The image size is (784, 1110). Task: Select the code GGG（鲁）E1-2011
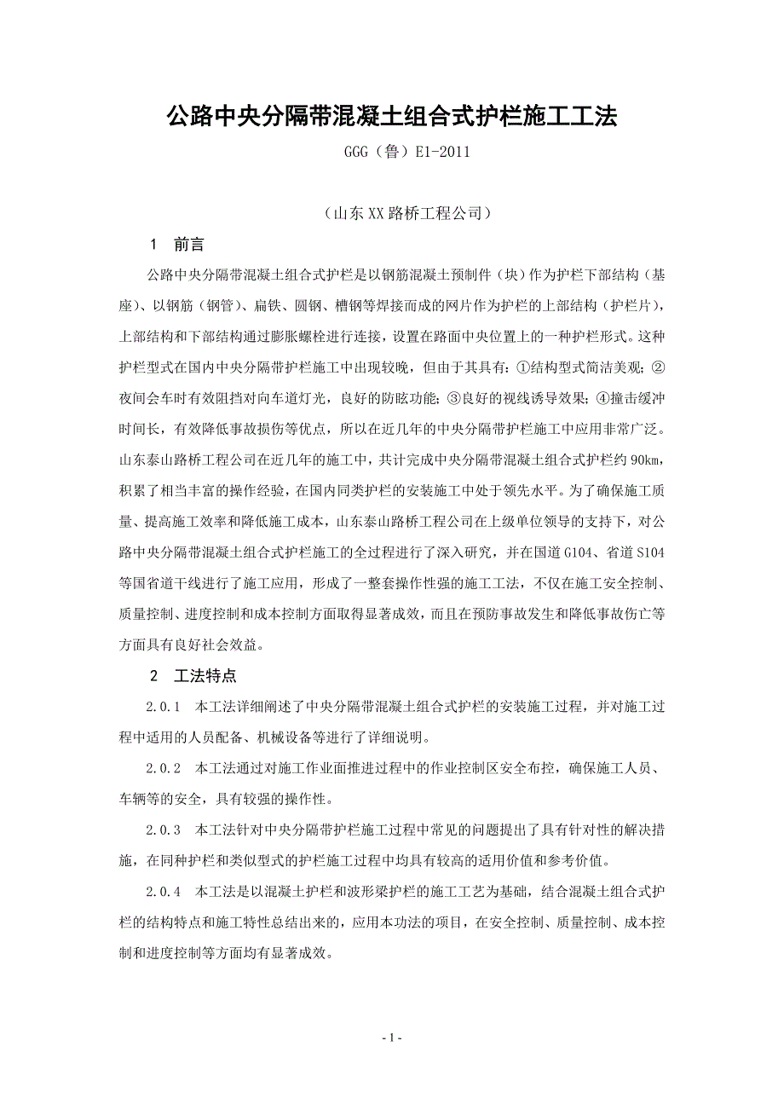click(x=391, y=153)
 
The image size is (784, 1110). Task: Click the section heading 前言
click(x=189, y=245)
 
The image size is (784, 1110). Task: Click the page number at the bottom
click(x=391, y=1038)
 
